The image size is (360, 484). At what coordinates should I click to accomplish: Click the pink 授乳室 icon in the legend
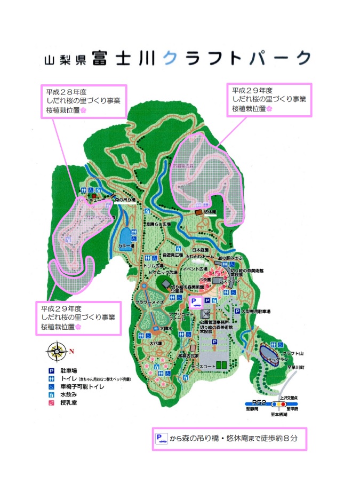[52, 403]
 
